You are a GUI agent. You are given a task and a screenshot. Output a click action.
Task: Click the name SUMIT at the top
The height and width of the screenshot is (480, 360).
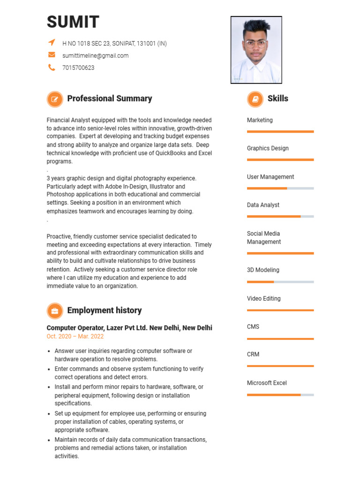[73, 22]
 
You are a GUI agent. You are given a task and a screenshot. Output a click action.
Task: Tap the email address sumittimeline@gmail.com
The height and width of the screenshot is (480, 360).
[95, 55]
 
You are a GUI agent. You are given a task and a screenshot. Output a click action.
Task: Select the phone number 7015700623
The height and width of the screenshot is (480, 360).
[78, 67]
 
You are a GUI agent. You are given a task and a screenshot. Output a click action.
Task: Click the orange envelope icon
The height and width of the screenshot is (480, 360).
[52, 55]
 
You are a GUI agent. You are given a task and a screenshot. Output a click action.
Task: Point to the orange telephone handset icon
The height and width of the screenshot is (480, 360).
[52, 67]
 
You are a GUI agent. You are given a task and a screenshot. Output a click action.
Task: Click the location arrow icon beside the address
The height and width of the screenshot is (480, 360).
[52, 43]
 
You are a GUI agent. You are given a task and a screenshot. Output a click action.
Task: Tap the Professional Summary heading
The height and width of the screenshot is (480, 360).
[109, 98]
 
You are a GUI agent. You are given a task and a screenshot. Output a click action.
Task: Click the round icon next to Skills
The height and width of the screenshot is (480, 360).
[255, 99]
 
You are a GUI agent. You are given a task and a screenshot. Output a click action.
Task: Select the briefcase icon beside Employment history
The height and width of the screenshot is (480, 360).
[55, 311]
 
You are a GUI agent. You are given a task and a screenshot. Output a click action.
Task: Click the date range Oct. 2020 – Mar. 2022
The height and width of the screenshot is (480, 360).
[75, 337]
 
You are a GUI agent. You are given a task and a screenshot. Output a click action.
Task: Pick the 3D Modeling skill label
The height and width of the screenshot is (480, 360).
[263, 270]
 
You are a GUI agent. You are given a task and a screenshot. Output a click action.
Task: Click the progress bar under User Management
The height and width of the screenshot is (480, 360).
[280, 188]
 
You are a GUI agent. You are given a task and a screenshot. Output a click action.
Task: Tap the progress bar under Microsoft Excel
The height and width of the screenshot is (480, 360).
[280, 395]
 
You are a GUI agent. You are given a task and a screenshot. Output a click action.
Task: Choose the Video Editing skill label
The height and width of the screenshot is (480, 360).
[263, 299]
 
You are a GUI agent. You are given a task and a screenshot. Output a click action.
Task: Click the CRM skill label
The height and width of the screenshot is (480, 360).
[253, 354]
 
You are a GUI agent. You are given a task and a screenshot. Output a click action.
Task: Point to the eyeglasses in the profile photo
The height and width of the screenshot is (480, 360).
[255, 45]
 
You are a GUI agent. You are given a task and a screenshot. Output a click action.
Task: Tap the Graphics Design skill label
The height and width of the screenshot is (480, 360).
[268, 148]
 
